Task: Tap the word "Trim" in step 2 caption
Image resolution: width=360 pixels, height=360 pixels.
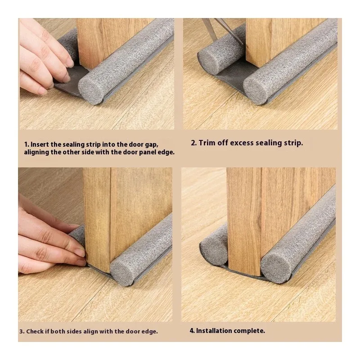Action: click(x=210, y=143)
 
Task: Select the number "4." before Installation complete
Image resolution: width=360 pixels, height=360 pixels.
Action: click(x=192, y=331)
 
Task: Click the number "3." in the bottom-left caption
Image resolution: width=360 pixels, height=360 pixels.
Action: click(x=22, y=332)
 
